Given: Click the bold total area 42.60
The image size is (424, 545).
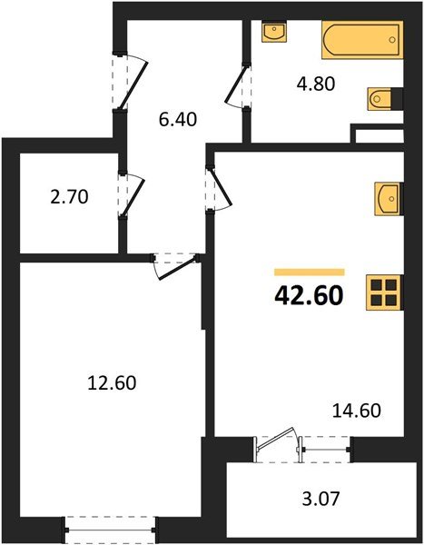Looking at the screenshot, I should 309,298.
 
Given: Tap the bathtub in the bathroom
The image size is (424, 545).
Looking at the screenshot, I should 360,38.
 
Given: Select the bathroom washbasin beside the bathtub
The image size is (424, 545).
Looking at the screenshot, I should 273,33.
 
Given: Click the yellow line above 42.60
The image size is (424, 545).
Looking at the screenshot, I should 309,271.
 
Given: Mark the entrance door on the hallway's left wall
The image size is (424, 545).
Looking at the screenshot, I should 127,80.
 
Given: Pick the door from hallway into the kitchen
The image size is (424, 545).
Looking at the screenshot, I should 218,190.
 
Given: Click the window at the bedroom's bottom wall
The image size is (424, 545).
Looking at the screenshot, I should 111,525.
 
